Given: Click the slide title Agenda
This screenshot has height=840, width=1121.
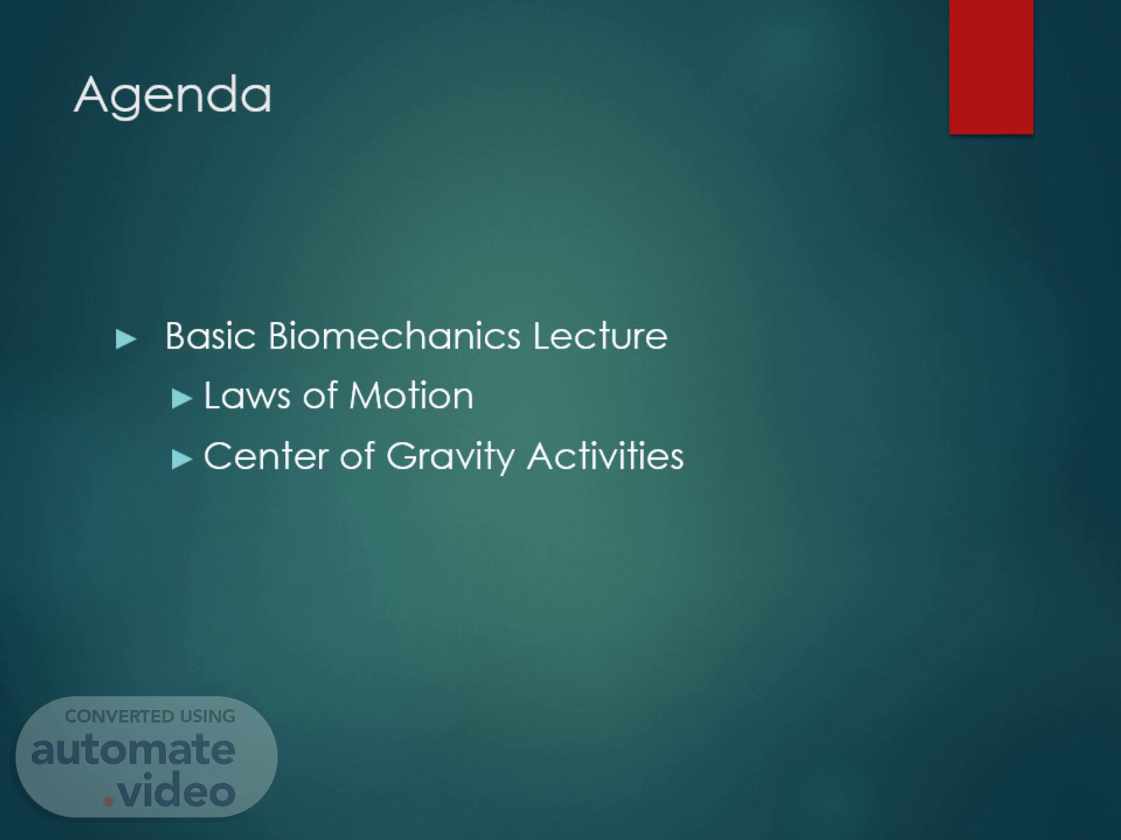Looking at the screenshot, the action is [173, 96].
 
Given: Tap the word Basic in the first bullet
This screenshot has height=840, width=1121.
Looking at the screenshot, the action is [210, 336].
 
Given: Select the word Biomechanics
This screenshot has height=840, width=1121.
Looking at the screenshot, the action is [394, 336].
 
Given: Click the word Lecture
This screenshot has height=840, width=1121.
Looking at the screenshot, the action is [600, 336].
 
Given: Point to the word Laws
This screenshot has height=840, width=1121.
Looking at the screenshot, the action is [248, 396].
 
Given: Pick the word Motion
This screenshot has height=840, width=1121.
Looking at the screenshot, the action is [412, 396].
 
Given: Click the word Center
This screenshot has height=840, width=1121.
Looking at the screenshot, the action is [265, 456].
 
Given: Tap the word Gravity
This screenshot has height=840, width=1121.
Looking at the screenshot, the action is [450, 457].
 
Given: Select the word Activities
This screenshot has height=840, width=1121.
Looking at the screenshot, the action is [605, 456].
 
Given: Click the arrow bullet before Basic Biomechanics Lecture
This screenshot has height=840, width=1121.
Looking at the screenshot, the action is [126, 339].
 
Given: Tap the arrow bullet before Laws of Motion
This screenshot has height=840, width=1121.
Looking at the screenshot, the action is [182, 399].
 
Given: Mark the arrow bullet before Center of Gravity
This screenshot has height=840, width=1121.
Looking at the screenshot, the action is [182, 459].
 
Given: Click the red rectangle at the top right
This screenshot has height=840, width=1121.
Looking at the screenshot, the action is [991, 67].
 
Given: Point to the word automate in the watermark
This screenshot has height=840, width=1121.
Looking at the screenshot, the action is [133, 750].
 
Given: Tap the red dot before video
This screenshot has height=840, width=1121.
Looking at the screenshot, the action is [108, 801].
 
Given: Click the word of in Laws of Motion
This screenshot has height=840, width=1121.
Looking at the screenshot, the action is [320, 396].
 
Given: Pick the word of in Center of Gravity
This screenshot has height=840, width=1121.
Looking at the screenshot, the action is [357, 456].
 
